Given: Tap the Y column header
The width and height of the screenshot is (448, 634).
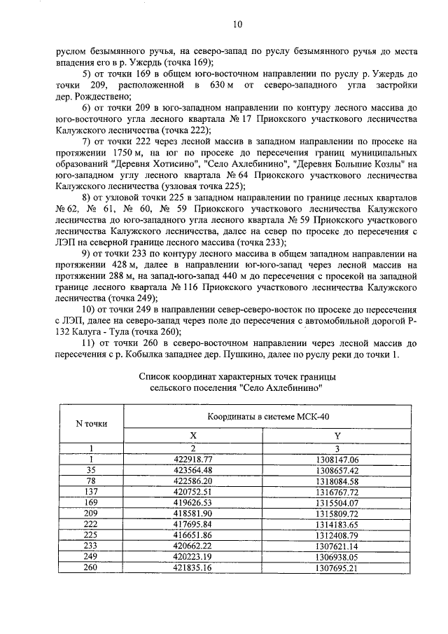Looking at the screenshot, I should [x=337, y=435].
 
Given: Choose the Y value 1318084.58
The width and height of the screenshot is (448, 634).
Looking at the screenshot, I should [x=337, y=482].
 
